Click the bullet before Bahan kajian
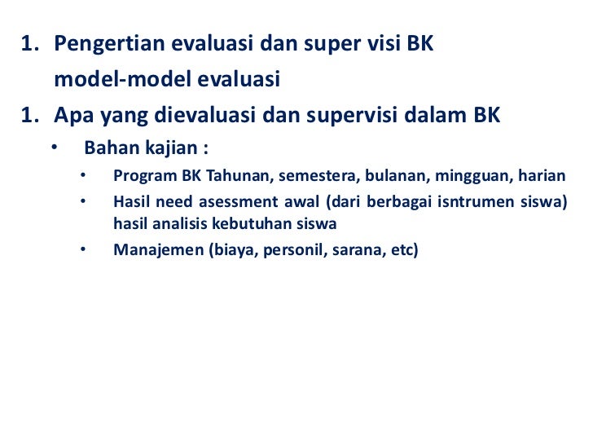coord(54,149)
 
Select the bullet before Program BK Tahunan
coord(84,176)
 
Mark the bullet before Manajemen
coord(84,249)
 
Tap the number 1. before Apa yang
coord(31,117)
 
